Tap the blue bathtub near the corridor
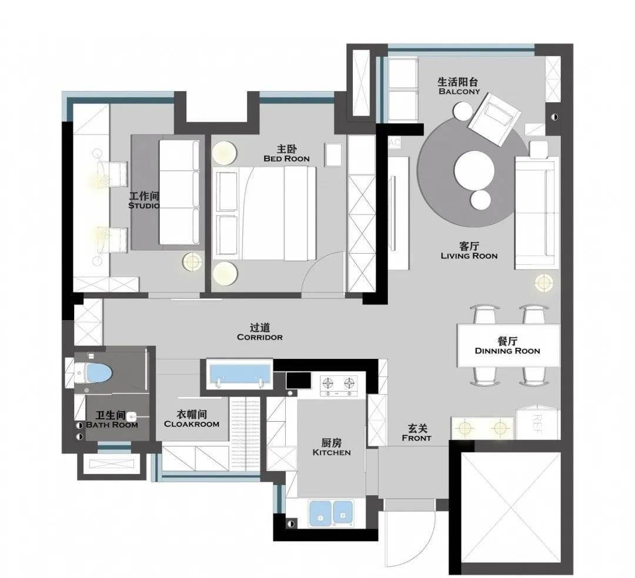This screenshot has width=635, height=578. [239, 375]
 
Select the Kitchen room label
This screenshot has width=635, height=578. [331, 448]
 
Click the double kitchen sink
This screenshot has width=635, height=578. [331, 514]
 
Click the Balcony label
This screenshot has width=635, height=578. [459, 86]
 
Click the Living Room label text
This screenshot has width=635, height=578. [469, 251]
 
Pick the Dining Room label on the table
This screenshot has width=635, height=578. [507, 346]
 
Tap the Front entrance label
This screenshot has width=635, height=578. [417, 433]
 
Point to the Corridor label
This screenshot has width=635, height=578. [260, 332]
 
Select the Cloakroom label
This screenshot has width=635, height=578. [192, 419]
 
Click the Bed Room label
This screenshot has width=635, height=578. [286, 154]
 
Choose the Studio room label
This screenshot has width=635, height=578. [144, 201]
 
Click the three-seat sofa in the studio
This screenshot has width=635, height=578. [180, 192]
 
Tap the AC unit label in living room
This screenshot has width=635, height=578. [395, 142]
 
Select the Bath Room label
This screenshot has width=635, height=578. [112, 420]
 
